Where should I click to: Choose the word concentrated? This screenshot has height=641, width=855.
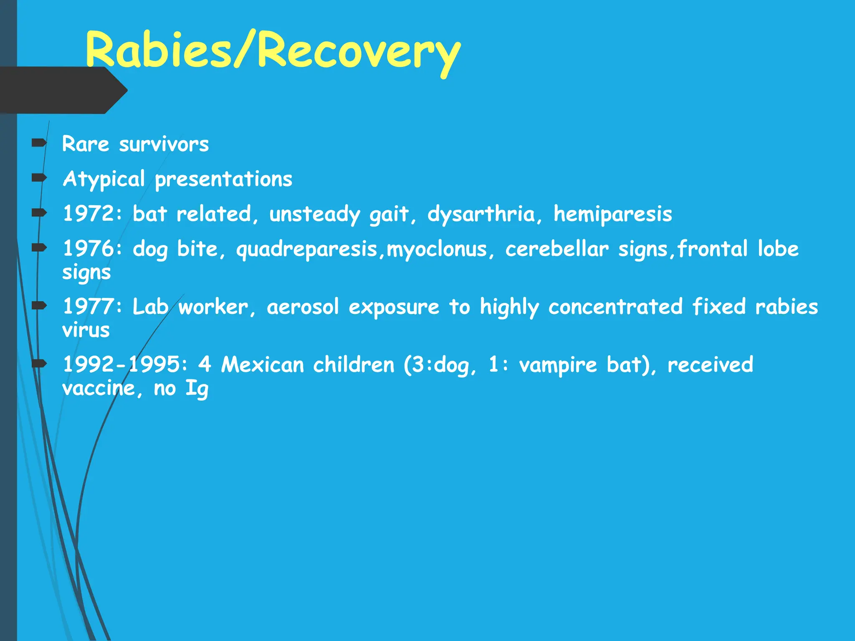click(x=615, y=307)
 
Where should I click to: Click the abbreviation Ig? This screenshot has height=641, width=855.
click(x=197, y=389)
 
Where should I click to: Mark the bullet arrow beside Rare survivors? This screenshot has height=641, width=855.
click(x=39, y=144)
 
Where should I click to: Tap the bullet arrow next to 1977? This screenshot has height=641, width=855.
click(x=39, y=306)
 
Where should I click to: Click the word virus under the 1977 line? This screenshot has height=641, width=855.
click(x=86, y=331)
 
